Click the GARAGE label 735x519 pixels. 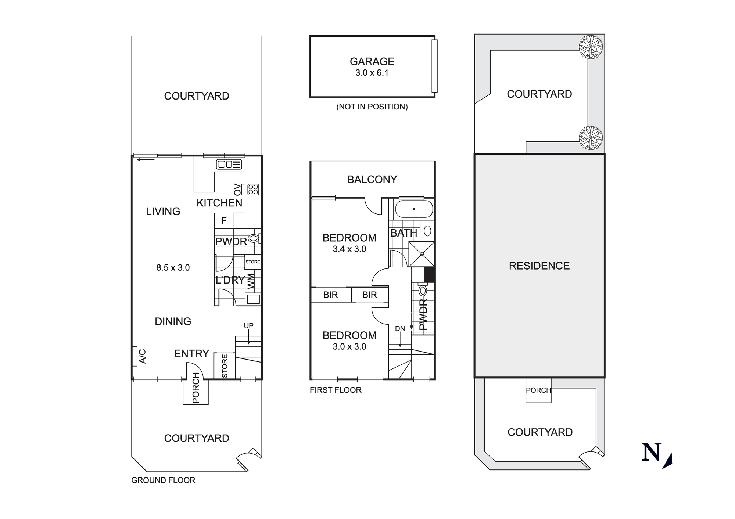click(x=372, y=61)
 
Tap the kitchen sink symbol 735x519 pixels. click(x=229, y=164)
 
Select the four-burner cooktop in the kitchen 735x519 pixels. click(x=253, y=190)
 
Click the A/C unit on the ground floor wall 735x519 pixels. click(x=135, y=356)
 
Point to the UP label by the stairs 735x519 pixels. click(x=249, y=326)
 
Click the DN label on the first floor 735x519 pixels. click(x=400, y=329)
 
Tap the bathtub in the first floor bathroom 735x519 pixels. click(x=414, y=209)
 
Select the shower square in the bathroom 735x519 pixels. click(x=422, y=254)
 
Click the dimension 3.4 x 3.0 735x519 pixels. click(x=349, y=249)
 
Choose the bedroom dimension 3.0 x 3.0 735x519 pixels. click(x=349, y=347)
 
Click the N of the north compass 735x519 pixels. click(x=652, y=452)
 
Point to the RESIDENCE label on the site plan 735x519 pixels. click(x=539, y=266)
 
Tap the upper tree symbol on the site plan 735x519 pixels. click(x=591, y=47)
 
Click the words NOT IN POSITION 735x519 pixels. click(x=372, y=107)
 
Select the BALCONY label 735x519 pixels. click(x=372, y=180)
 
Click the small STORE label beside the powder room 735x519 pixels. click(x=253, y=262)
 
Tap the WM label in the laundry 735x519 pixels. click(x=251, y=281)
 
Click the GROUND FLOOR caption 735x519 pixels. click(x=163, y=480)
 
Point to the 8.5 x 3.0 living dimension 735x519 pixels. click(x=173, y=268)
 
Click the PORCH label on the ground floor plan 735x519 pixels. click(x=196, y=388)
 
